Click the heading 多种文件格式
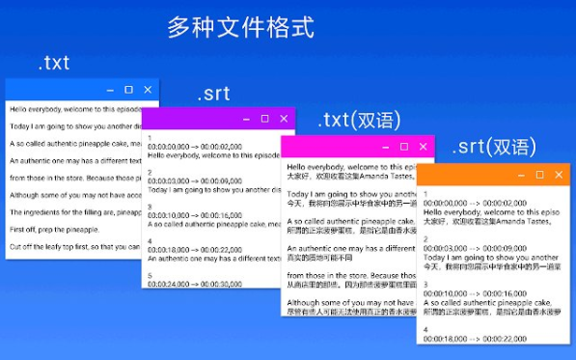[x=240, y=26]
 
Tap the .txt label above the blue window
[x=53, y=64]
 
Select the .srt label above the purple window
[x=213, y=95]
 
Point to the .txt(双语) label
[x=359, y=122]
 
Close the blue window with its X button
[x=148, y=90]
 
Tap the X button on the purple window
[x=284, y=119]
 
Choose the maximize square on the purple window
[x=264, y=119]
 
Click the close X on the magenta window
[x=424, y=147]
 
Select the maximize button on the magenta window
[x=404, y=147]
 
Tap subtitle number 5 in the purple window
[x=150, y=276]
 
